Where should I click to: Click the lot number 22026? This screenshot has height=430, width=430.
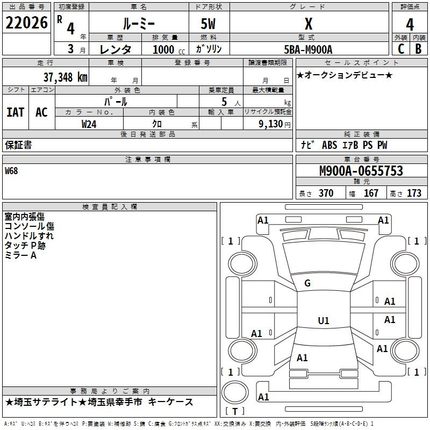(26, 23)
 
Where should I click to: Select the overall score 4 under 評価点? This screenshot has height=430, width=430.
(410, 25)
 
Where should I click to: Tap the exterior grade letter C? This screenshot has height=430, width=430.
(401, 48)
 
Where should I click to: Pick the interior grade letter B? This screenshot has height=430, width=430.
(418, 48)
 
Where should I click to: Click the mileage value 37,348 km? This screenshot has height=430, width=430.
(65, 77)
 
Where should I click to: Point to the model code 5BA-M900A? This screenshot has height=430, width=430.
(308, 49)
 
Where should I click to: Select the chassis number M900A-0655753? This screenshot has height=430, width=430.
(361, 171)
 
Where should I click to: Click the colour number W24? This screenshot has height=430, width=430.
(89, 124)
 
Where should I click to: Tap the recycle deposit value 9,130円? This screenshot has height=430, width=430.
(275, 124)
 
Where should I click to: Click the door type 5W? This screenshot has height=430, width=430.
(208, 24)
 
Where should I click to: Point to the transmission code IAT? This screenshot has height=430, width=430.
(16, 112)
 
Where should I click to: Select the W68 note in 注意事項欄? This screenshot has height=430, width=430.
(11, 171)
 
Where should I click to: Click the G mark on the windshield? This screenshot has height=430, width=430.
(307, 283)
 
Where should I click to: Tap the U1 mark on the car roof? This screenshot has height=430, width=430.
(324, 320)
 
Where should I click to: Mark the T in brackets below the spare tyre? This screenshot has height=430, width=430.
(235, 411)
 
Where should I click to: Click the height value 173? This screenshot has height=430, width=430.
(414, 193)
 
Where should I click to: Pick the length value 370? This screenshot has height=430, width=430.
(326, 193)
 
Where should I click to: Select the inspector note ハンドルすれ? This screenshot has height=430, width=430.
(29, 236)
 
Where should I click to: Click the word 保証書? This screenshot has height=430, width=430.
(18, 145)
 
